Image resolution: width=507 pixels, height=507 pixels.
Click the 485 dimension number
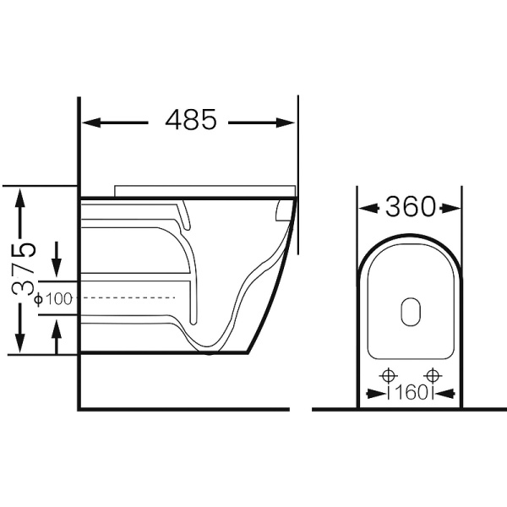click(x=190, y=120)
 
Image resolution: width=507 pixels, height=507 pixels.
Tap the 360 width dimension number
click(x=411, y=206)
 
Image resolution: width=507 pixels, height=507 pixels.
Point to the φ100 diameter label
click(x=53, y=299)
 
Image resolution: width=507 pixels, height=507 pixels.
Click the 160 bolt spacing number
click(x=410, y=393)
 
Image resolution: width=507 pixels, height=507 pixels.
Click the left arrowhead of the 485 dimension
click(x=91, y=123)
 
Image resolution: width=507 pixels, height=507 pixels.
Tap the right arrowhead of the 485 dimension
click(x=286, y=123)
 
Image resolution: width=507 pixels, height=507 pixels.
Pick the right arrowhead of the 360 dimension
click(x=450, y=209)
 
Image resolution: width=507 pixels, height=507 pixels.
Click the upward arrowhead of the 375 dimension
click(x=20, y=199)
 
